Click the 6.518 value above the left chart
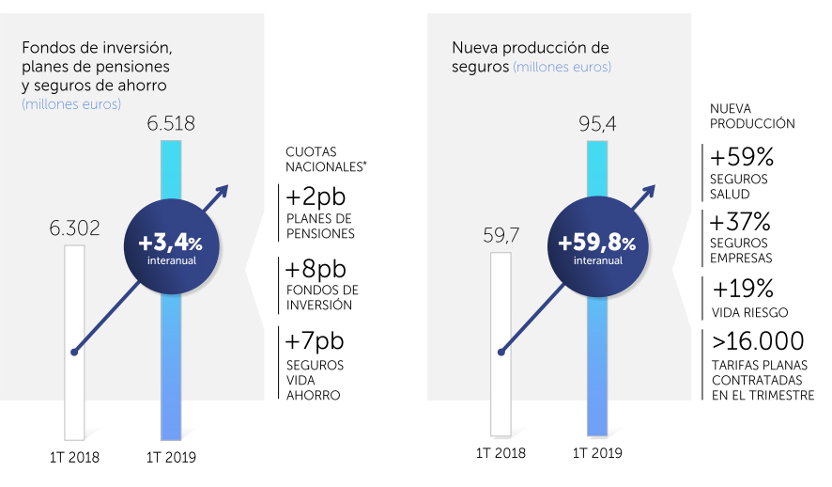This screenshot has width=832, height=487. click(x=170, y=122)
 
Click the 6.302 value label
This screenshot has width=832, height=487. click(x=74, y=228)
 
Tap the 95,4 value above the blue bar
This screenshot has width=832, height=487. click(x=596, y=123)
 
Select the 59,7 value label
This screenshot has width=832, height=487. click(x=501, y=236)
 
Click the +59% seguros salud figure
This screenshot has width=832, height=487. click(x=741, y=156)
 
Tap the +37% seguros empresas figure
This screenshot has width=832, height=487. click(x=741, y=223)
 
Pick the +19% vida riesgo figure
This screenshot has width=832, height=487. click(x=743, y=288)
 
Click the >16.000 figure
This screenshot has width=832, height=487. click(x=757, y=340)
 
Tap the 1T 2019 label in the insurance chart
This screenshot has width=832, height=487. click(x=597, y=453)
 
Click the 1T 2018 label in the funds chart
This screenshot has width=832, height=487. click(x=74, y=459)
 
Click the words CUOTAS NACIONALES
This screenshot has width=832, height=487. click(x=325, y=158)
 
